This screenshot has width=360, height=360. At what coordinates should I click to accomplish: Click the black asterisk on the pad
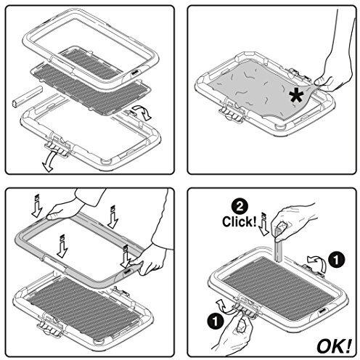pyautogui.click(x=296, y=95)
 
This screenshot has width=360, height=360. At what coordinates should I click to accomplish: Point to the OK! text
pyautogui.click(x=332, y=341)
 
